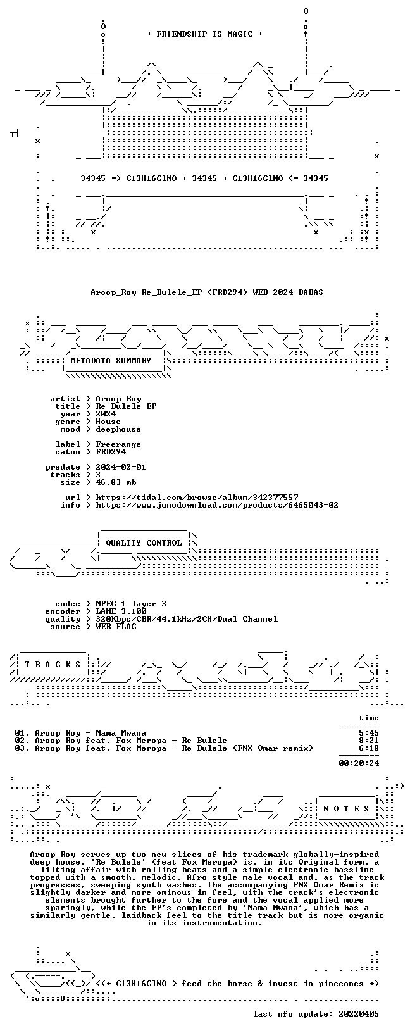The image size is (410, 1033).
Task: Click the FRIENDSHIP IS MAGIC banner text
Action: click(205, 34)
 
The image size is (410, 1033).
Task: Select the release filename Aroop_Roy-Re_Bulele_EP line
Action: click(207, 292)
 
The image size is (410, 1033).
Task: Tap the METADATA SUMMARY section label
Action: click(111, 361)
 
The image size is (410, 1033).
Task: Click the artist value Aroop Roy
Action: click(118, 399)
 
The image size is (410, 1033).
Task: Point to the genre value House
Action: click(108, 422)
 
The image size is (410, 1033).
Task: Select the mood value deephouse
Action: click(118, 429)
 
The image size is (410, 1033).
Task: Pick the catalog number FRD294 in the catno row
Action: click(111, 452)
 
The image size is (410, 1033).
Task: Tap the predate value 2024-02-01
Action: click(121, 467)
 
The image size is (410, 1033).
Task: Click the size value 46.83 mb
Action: click(116, 482)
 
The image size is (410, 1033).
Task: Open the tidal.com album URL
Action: click(197, 498)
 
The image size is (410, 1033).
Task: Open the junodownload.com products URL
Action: click(217, 506)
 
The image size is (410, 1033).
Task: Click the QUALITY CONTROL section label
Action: click(144, 543)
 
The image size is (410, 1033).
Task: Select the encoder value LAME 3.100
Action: click(121, 611)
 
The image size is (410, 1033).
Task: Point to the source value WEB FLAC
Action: click(116, 627)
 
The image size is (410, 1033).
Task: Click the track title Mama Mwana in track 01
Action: click(121, 733)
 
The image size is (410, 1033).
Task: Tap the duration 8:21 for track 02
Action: click(369, 741)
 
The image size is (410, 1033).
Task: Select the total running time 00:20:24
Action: click(359, 763)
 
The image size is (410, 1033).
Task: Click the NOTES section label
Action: click(346, 809)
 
